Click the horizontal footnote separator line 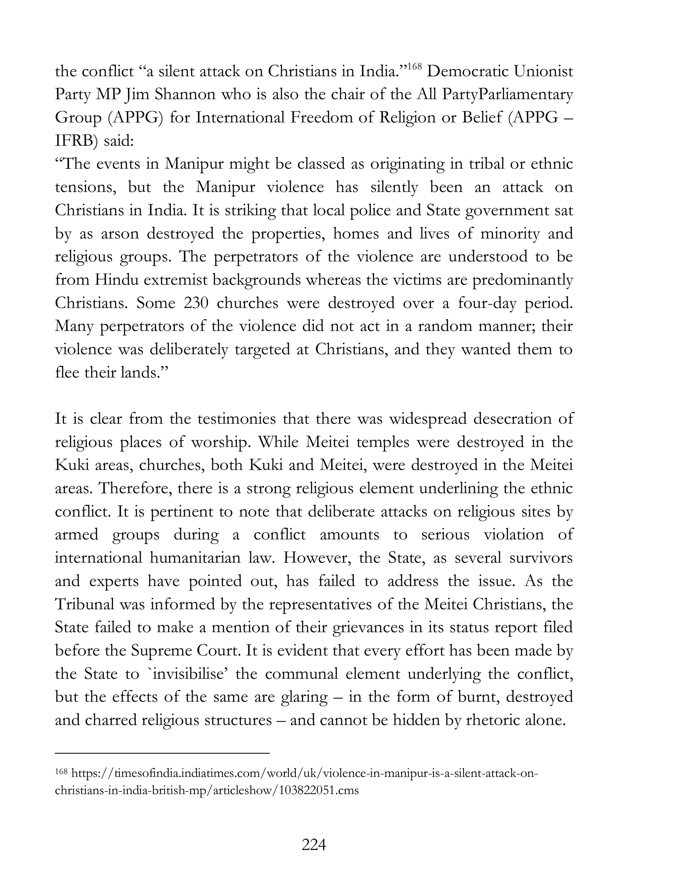coord(162,753)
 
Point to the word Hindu coord(116,280)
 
